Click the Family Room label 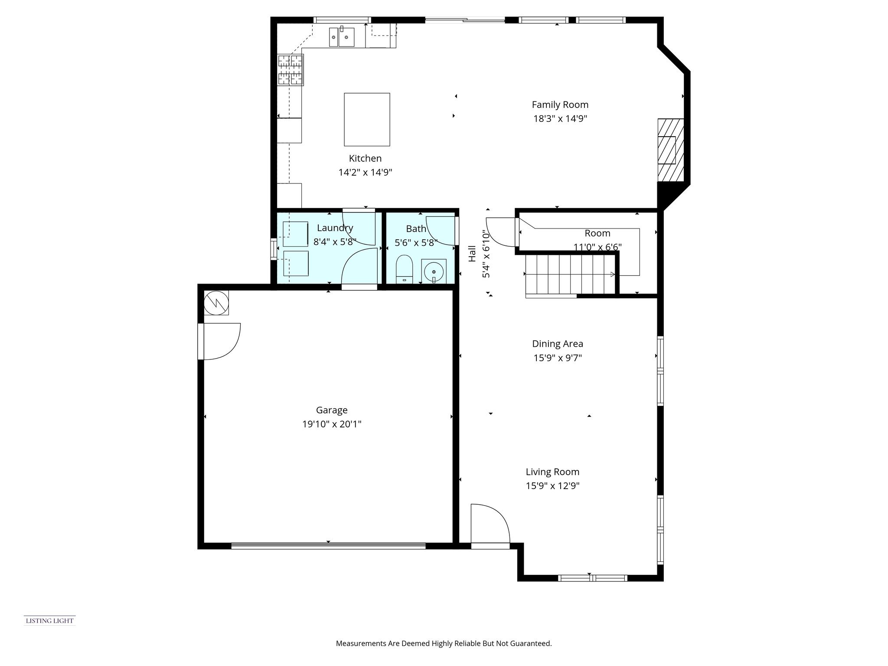[560, 104]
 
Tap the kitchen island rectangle [367, 119]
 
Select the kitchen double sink [342, 37]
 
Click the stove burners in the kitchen [290, 69]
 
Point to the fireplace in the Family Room [670, 150]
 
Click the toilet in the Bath [405, 269]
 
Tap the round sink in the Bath [434, 271]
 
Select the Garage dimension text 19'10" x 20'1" [332, 424]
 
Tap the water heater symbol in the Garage [216, 302]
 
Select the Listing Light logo [49, 621]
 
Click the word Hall [472, 254]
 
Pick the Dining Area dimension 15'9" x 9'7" [558, 358]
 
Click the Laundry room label [335, 228]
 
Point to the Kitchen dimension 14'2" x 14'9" [365, 172]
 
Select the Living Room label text [552, 472]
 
